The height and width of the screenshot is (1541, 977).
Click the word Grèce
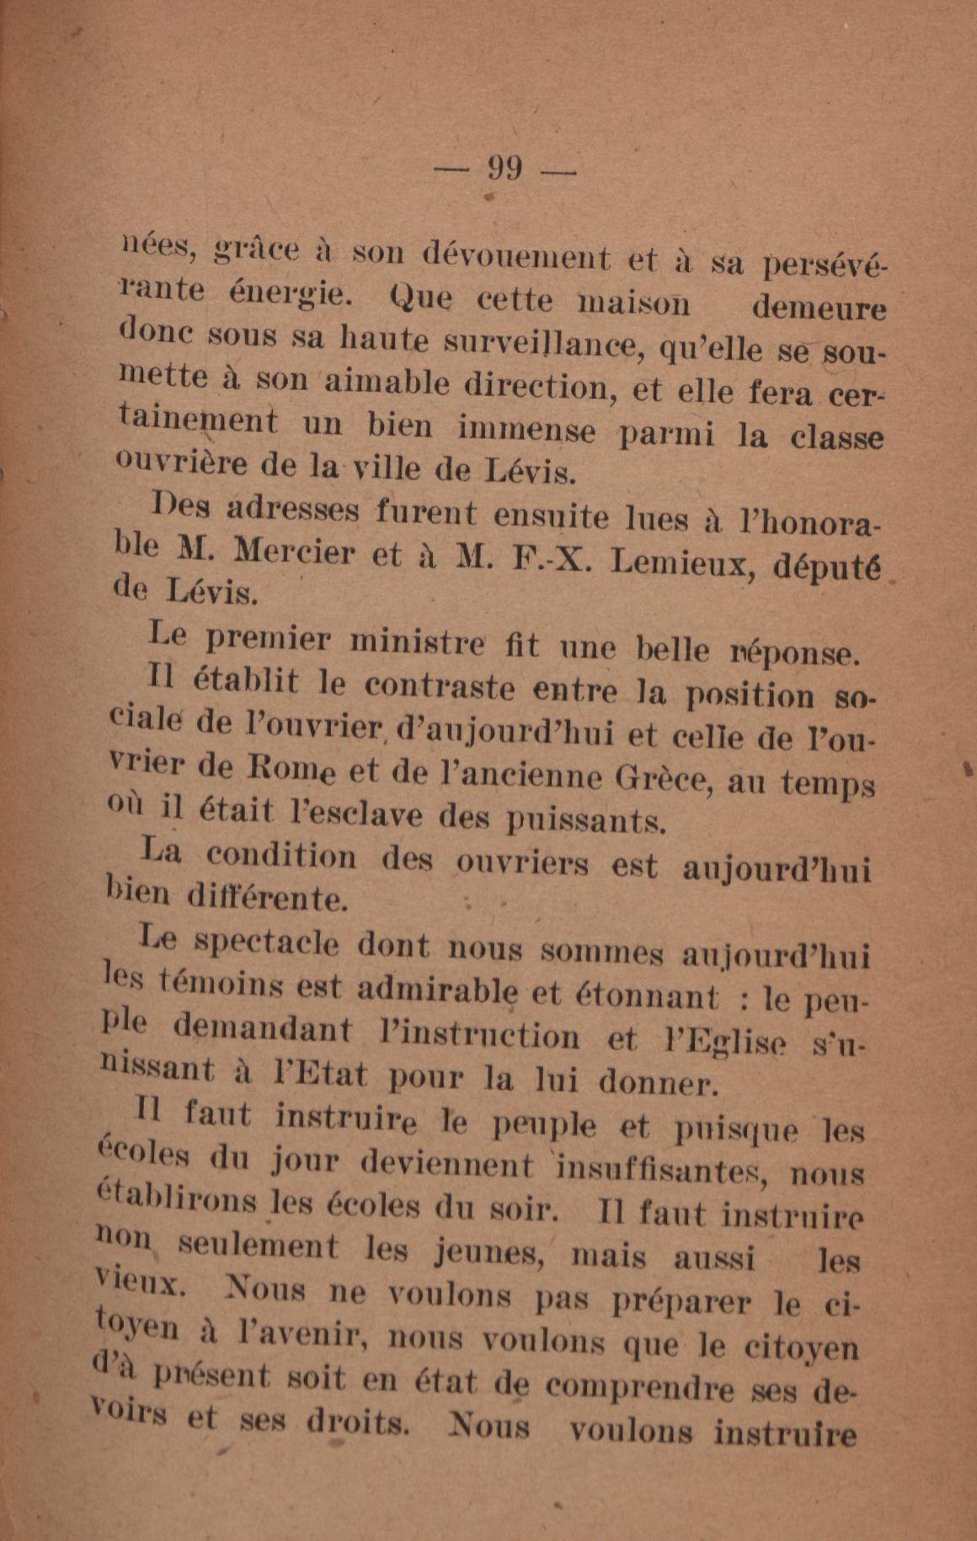point(665,779)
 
